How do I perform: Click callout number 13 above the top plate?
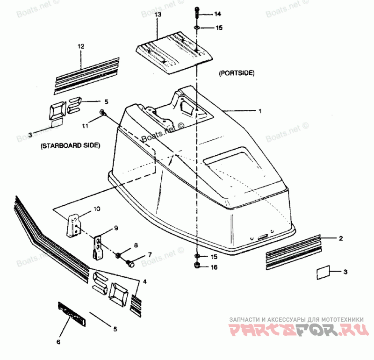point(158,15)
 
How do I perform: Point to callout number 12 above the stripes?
point(81,46)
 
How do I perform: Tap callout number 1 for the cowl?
point(260,111)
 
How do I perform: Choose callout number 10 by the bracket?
point(96,209)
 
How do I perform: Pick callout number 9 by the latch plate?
point(115,229)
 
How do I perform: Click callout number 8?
point(135,245)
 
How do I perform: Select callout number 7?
point(150,255)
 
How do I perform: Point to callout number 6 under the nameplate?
point(58,342)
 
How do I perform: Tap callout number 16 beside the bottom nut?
point(214,267)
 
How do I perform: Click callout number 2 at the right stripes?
point(341,238)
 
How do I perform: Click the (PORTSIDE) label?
point(236,73)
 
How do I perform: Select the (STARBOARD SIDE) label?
point(70,145)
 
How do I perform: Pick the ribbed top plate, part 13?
point(174,51)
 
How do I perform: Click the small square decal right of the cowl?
point(324,272)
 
